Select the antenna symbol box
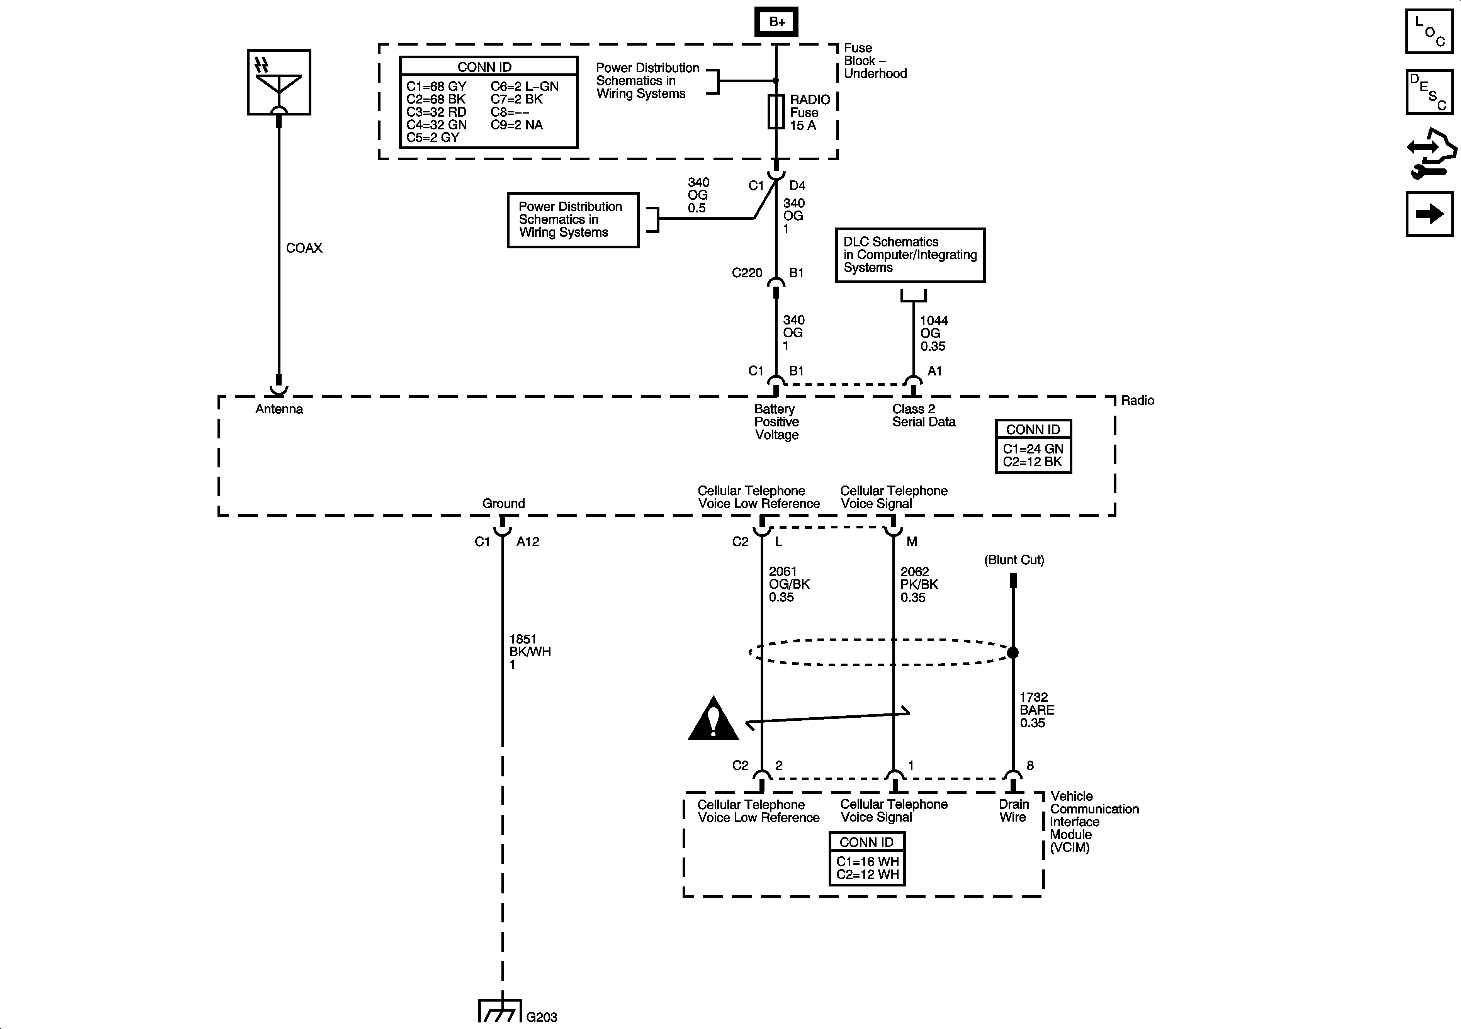click(279, 82)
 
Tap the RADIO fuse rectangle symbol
click(776, 112)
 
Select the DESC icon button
click(1429, 92)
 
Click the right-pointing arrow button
click(1429, 214)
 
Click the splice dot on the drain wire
click(1013, 652)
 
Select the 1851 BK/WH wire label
click(529, 652)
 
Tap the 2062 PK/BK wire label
click(919, 584)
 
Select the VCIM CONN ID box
click(867, 858)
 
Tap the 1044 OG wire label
click(933, 333)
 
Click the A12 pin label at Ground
click(528, 542)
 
